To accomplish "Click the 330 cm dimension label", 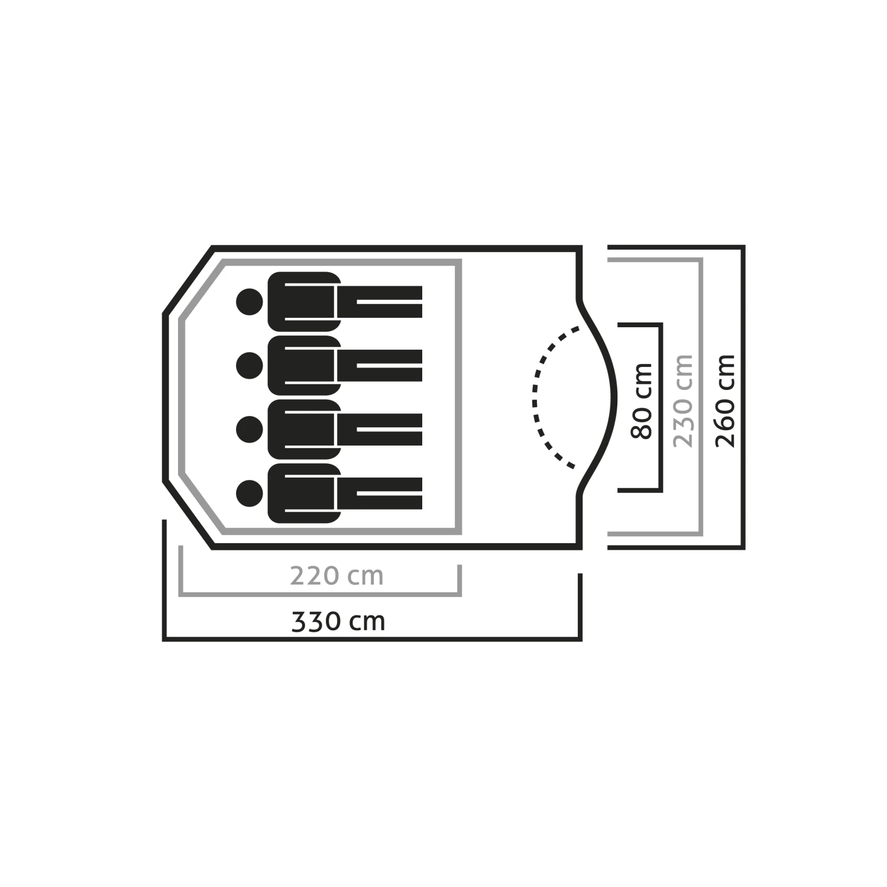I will [x=338, y=622].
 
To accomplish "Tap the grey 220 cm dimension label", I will [x=336, y=576].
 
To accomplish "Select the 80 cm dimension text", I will [x=642, y=401].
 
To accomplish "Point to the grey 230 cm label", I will [x=683, y=401].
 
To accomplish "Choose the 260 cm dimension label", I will [x=725, y=401].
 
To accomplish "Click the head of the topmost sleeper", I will [x=249, y=302].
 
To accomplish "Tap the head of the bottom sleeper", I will [x=249, y=493].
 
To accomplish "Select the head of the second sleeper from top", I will [x=249, y=366].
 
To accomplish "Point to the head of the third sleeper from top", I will [x=249, y=430].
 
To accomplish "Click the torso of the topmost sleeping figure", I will [x=305, y=302].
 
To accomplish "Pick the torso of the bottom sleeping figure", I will [x=305, y=493].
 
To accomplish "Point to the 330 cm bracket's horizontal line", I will [x=373, y=639].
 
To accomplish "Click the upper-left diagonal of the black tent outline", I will [x=187, y=280].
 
